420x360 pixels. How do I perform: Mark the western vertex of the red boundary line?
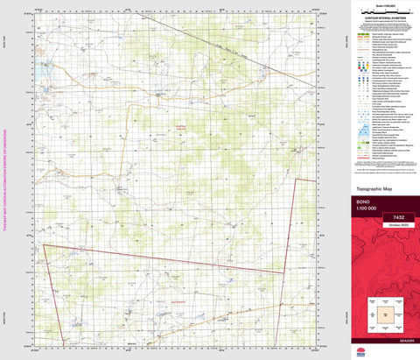coord(44,246)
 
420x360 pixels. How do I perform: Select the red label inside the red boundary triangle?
coord(166,300)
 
